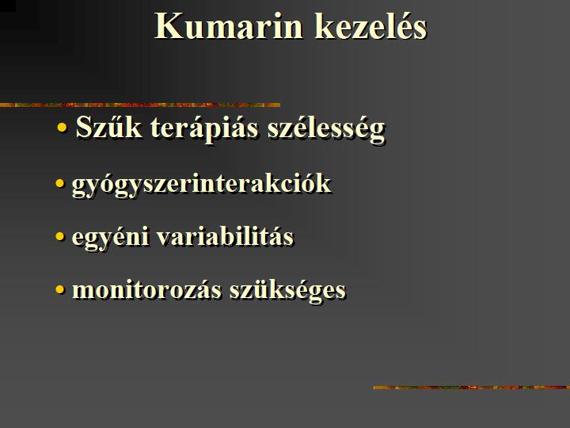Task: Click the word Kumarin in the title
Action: click(228, 26)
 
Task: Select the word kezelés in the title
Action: click(370, 25)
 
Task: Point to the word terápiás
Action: click(204, 129)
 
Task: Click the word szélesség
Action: click(326, 129)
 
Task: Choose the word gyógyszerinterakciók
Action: click(201, 185)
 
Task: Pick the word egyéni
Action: click(110, 237)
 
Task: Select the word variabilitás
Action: click(225, 236)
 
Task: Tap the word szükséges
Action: click(287, 291)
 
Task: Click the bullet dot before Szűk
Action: click(63, 128)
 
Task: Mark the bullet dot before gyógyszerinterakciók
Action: click(59, 183)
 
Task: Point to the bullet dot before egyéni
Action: click(59, 237)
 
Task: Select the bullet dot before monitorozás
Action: click(59, 290)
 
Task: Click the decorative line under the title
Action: click(140, 105)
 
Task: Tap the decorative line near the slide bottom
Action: click(472, 388)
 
